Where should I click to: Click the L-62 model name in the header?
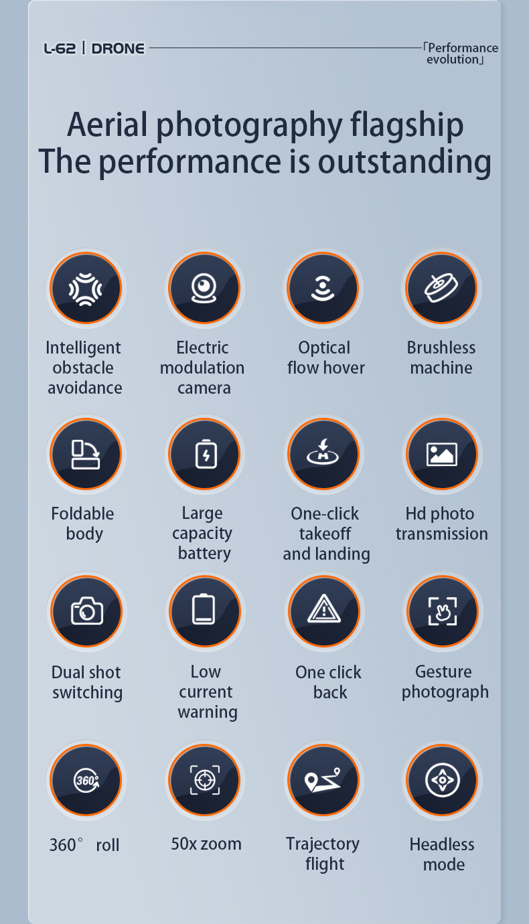click(x=60, y=48)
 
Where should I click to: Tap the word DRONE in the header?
click(x=118, y=48)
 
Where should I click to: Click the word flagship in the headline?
click(x=406, y=125)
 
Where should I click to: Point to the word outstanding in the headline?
click(x=404, y=161)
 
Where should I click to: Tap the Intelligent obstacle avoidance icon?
click(x=86, y=289)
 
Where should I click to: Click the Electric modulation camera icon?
click(x=204, y=289)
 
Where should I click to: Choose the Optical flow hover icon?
click(x=323, y=289)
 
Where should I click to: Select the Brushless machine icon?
click(x=441, y=289)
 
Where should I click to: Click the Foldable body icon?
click(x=86, y=454)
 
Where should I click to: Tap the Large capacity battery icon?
click(x=205, y=454)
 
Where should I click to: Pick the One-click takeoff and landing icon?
click(x=323, y=454)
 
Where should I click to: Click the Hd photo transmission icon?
click(x=442, y=454)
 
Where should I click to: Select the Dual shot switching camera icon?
click(x=87, y=611)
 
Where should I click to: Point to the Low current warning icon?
click(x=204, y=611)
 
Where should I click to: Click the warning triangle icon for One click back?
click(x=324, y=611)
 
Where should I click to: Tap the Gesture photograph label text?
click(x=445, y=682)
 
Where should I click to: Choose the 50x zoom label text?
click(x=206, y=844)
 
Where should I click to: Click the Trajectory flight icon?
click(x=323, y=780)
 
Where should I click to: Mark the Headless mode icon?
click(x=442, y=780)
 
